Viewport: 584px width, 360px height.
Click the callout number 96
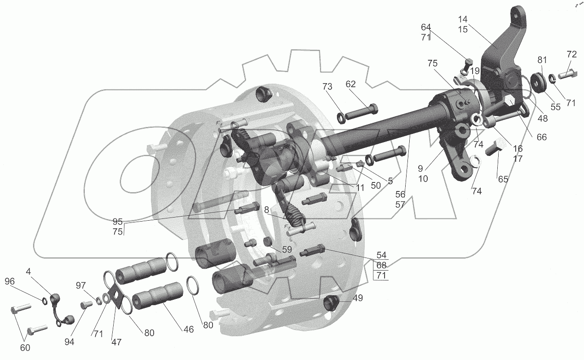click(x=9, y=281)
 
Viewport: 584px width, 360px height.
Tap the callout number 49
click(x=358, y=298)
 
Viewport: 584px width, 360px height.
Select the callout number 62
click(x=351, y=84)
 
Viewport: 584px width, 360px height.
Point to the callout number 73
click(x=327, y=86)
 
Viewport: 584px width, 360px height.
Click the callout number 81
click(x=542, y=60)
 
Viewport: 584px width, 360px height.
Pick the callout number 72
click(x=571, y=54)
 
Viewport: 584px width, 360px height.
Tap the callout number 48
click(x=543, y=119)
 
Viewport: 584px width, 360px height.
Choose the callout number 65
click(x=503, y=179)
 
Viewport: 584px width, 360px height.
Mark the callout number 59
click(x=287, y=249)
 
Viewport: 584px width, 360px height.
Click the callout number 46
click(x=189, y=329)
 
